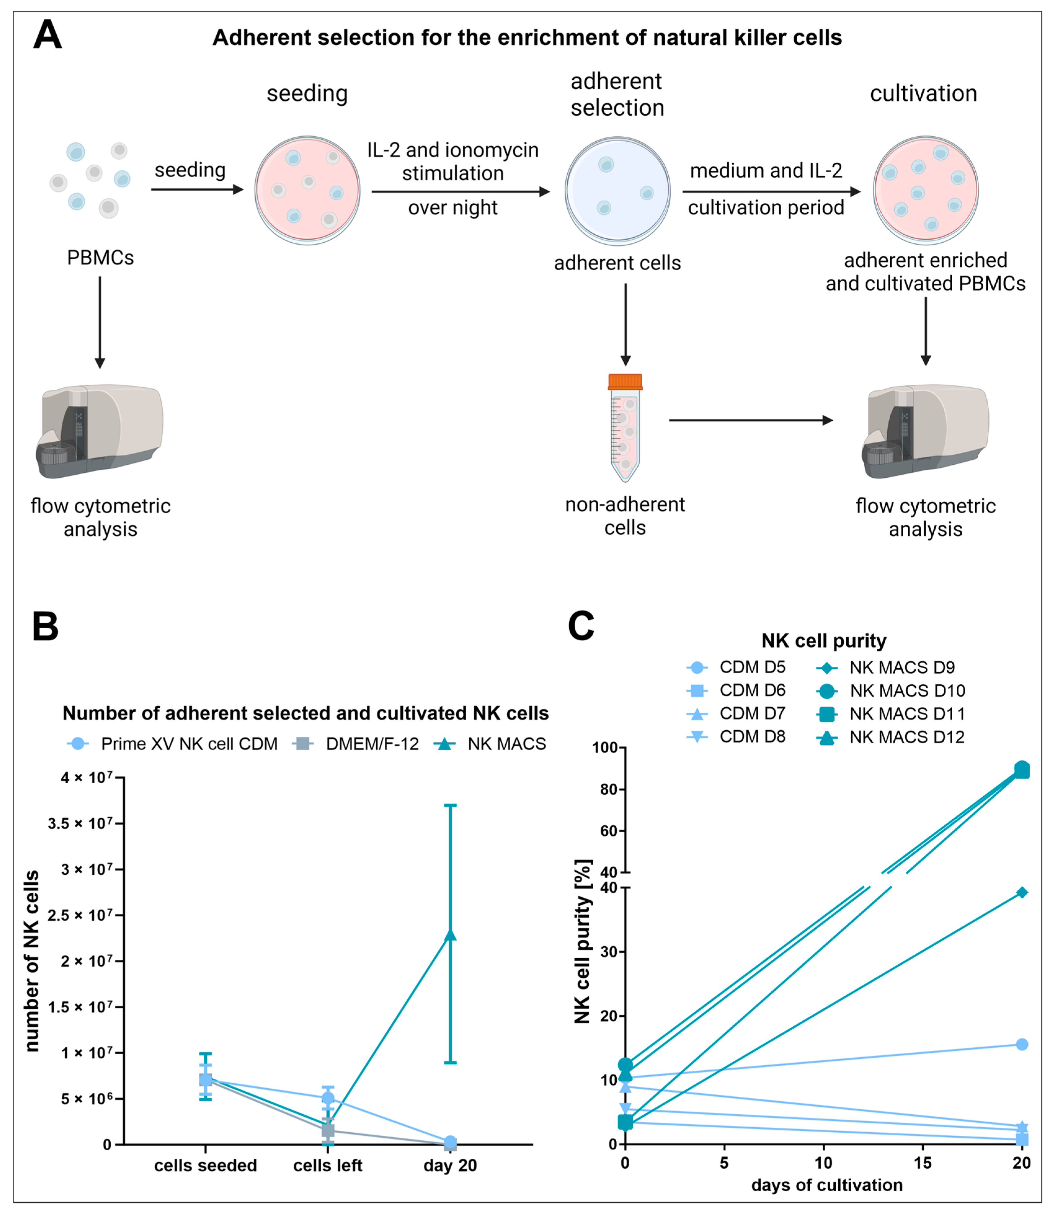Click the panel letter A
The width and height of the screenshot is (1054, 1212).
(x=47, y=35)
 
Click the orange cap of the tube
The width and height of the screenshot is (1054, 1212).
(x=625, y=382)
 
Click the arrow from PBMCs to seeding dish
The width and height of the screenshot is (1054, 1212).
(x=197, y=189)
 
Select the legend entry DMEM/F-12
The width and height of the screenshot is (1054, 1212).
(x=372, y=744)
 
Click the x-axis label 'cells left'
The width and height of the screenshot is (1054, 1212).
(x=328, y=1166)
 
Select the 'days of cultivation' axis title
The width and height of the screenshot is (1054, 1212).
(x=826, y=1185)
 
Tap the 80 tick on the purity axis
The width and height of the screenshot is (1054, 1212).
(x=608, y=789)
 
